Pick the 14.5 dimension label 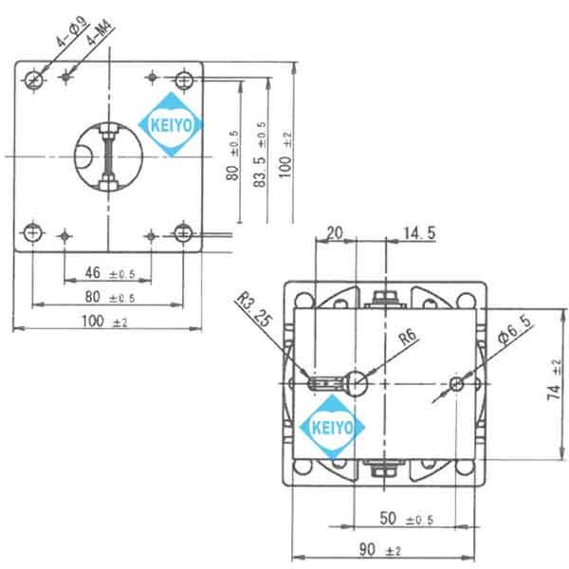[417, 232]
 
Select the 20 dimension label [335, 232]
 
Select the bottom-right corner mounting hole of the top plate [184, 232]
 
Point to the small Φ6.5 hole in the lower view [457, 383]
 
